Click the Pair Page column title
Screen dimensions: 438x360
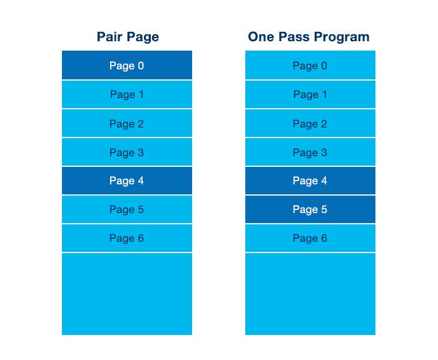click(x=128, y=37)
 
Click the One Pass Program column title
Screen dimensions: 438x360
click(x=309, y=37)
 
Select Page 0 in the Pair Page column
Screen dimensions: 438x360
click(x=127, y=65)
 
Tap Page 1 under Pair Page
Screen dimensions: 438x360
click(x=127, y=94)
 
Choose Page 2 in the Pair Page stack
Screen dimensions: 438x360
click(x=127, y=123)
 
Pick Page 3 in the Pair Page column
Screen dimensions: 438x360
click(x=127, y=152)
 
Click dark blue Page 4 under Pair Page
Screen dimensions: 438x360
click(x=127, y=181)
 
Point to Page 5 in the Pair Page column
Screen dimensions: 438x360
click(x=127, y=209)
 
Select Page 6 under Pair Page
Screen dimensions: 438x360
click(x=127, y=238)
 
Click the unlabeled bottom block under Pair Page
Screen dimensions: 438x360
click(x=127, y=294)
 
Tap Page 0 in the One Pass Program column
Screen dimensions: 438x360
click(x=310, y=65)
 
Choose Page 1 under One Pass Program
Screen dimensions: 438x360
click(x=310, y=94)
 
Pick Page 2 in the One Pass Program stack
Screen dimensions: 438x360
click(x=310, y=123)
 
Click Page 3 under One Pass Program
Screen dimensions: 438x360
click(x=310, y=152)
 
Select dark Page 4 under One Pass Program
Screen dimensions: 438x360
click(x=310, y=181)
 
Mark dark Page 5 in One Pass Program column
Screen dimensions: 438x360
click(x=310, y=209)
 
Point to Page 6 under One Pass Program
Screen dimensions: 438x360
click(x=310, y=238)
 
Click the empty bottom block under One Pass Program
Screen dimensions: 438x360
click(x=310, y=294)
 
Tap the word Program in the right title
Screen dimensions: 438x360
click(x=342, y=37)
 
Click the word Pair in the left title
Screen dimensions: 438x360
click(x=109, y=37)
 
